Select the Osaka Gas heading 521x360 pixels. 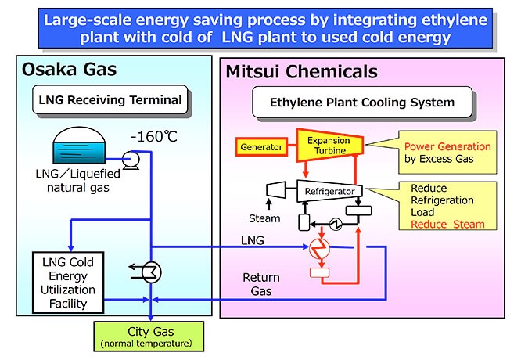point(71,70)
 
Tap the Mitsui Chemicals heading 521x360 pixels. point(301,73)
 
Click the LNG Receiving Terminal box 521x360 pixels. point(110,100)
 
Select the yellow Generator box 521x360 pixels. point(262,146)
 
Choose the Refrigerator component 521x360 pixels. point(329,190)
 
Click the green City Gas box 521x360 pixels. point(148,336)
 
